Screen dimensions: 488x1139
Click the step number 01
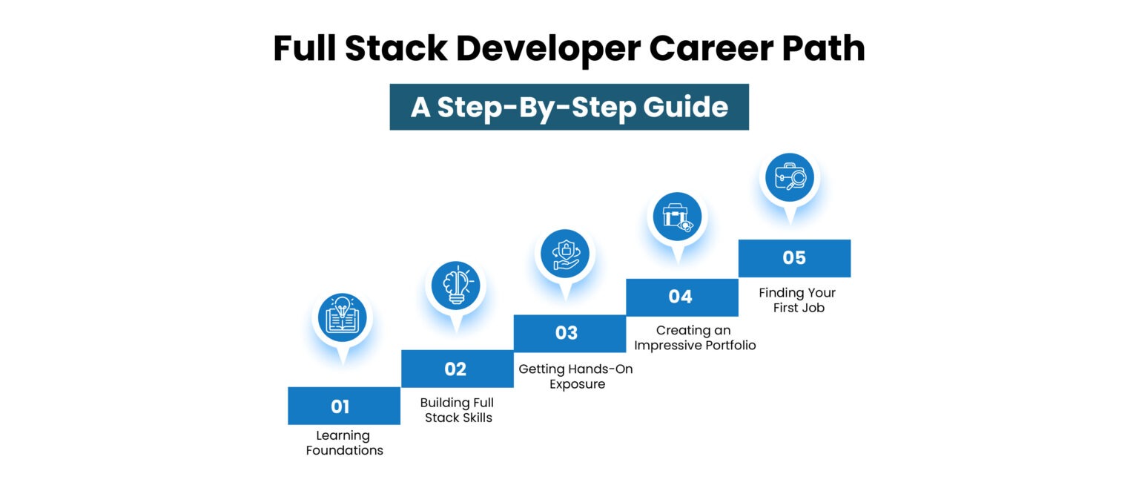click(340, 406)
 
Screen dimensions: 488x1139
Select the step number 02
click(455, 369)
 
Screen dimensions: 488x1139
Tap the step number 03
click(567, 333)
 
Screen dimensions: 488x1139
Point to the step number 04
click(680, 297)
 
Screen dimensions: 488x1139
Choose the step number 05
click(794, 257)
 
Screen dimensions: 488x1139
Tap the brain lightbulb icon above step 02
click(455, 284)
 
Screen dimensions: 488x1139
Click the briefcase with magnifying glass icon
click(790, 177)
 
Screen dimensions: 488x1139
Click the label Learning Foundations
click(344, 443)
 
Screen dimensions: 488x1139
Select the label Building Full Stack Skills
click(457, 410)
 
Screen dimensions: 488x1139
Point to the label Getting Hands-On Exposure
click(576, 376)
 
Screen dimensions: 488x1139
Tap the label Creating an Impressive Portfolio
click(695, 337)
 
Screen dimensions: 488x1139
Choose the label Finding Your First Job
click(796, 300)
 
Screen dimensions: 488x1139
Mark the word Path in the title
click(829, 49)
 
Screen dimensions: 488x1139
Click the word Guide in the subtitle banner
click(687, 107)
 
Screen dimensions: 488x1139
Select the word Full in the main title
click(304, 49)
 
